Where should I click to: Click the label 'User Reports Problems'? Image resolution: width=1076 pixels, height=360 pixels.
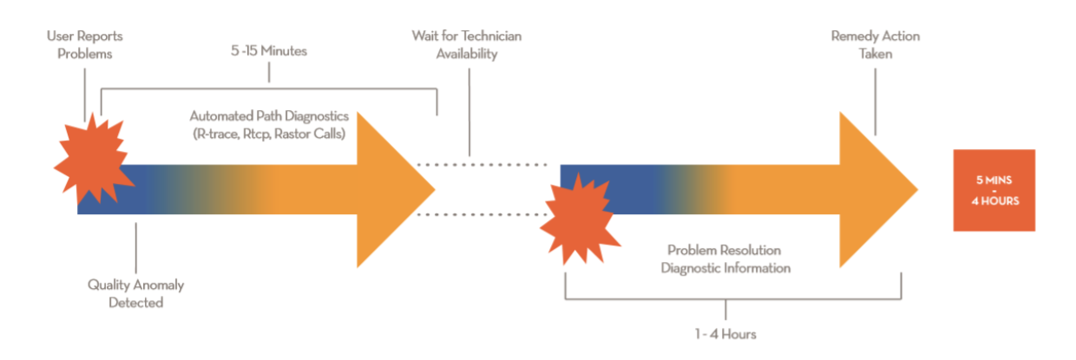click(x=85, y=44)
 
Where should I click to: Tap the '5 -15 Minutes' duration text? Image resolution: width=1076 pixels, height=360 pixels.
click(x=268, y=51)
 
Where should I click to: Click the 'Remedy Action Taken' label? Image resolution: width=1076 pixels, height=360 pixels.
click(x=875, y=44)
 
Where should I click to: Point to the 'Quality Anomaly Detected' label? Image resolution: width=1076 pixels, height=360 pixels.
click(x=135, y=293)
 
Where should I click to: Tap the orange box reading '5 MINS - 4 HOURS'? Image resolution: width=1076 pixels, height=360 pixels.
click(x=994, y=190)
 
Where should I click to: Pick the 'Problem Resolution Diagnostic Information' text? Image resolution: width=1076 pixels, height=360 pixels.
click(x=725, y=259)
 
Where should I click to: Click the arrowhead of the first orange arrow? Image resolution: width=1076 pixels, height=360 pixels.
click(x=395, y=189)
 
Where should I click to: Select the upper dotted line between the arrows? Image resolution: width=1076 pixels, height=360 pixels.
click(x=483, y=164)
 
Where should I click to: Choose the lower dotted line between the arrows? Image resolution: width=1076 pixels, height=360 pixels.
click(x=483, y=213)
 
